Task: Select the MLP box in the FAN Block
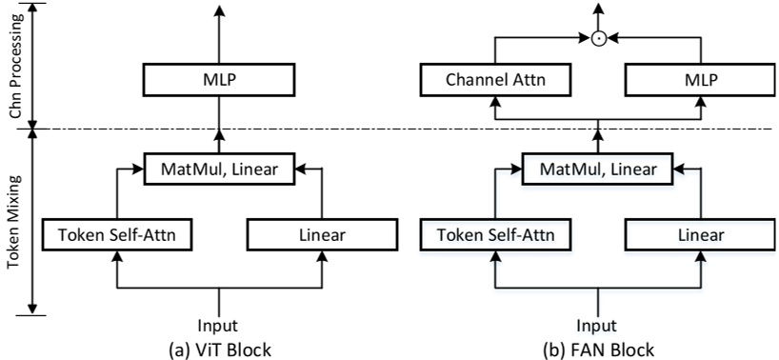point(691,79)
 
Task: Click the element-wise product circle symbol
point(598,39)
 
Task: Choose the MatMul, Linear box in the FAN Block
point(598,169)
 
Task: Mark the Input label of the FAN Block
point(598,324)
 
